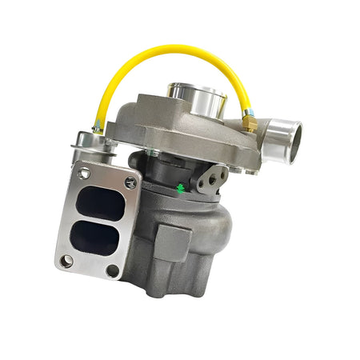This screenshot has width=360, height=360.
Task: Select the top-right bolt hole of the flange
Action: (130, 183)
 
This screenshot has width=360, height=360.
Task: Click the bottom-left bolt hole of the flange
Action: (66, 260)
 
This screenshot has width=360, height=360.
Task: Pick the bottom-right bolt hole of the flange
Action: (112, 270)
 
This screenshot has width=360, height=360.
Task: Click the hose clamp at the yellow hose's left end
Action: (98, 126)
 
